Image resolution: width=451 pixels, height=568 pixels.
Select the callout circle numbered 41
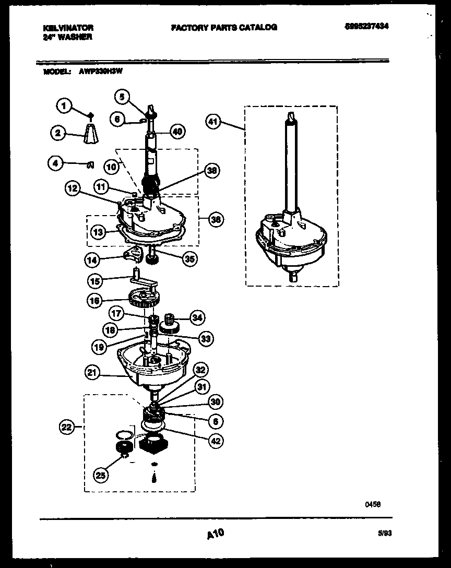(x=212, y=123)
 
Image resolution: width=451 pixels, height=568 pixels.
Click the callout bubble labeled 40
(x=178, y=132)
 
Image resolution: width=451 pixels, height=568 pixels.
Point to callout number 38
(x=212, y=170)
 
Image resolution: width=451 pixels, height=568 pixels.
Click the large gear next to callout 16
(x=144, y=299)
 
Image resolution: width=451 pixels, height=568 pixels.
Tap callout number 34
(x=197, y=317)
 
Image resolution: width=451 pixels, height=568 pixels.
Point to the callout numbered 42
(x=216, y=441)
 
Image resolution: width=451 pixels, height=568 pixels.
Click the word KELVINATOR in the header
(x=68, y=28)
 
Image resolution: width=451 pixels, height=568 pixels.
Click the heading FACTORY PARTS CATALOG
(x=224, y=27)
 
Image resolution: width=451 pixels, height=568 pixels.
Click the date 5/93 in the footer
(x=384, y=532)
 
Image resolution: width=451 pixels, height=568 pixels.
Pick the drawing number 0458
(x=372, y=504)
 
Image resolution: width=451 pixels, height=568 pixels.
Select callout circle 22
(x=66, y=428)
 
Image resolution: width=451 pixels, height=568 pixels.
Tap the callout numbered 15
(x=94, y=280)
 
